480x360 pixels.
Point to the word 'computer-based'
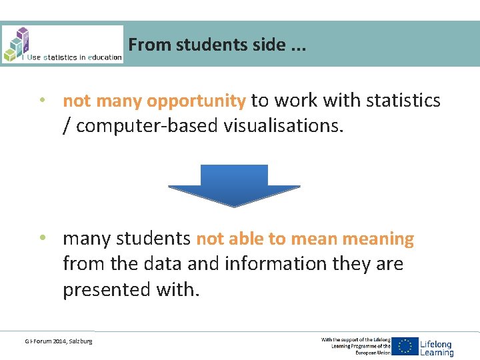pyautogui.click(x=147, y=126)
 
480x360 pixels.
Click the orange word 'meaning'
pyautogui.click(x=377, y=239)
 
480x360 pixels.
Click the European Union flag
pyautogui.click(x=405, y=346)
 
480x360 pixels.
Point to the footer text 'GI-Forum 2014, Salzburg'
pyautogui.click(x=59, y=341)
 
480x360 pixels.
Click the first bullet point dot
pyautogui.click(x=42, y=101)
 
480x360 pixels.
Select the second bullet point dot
pyautogui.click(x=42, y=239)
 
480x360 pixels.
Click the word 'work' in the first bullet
pyautogui.click(x=297, y=101)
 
